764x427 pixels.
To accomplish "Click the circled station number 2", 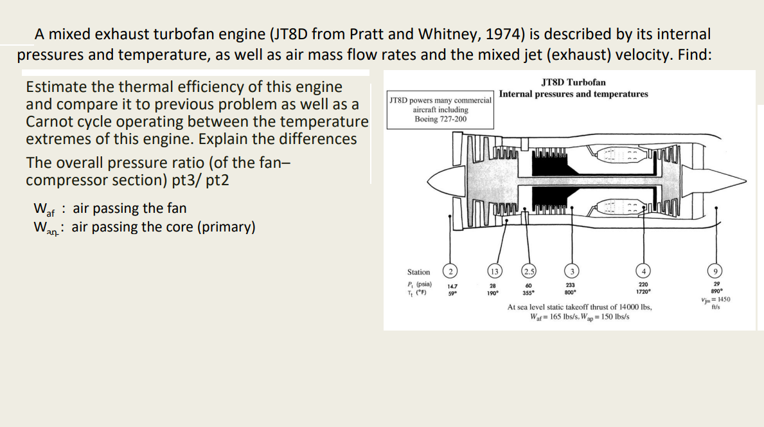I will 452,272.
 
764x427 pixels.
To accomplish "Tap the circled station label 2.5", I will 529,272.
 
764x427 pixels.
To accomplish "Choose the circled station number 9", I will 716,272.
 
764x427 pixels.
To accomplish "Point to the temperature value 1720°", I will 643,291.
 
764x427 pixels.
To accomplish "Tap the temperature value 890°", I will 716,291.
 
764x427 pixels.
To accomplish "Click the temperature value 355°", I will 529,291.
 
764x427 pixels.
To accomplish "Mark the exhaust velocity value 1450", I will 721,300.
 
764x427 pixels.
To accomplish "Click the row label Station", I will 418,273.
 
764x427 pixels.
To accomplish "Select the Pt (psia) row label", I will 420,284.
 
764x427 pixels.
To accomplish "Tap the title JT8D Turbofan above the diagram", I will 573,82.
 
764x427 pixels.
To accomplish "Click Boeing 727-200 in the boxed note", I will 441,119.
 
